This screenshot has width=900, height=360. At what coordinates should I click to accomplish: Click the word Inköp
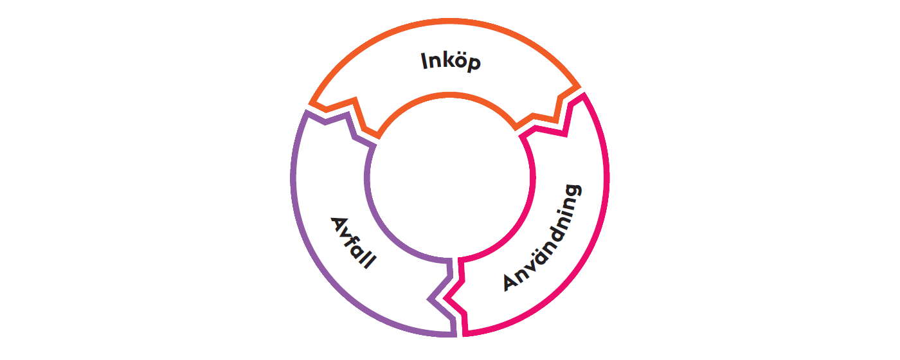[451, 62]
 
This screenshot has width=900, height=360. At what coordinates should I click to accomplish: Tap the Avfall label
[352, 242]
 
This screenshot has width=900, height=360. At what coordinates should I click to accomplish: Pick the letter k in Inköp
[446, 61]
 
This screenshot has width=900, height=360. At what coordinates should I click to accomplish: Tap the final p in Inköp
[473, 64]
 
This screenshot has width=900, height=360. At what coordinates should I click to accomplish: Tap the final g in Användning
[574, 192]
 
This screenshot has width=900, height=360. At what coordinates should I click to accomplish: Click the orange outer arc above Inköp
[450, 21]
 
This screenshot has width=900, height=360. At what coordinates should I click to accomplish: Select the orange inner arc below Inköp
[450, 95]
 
